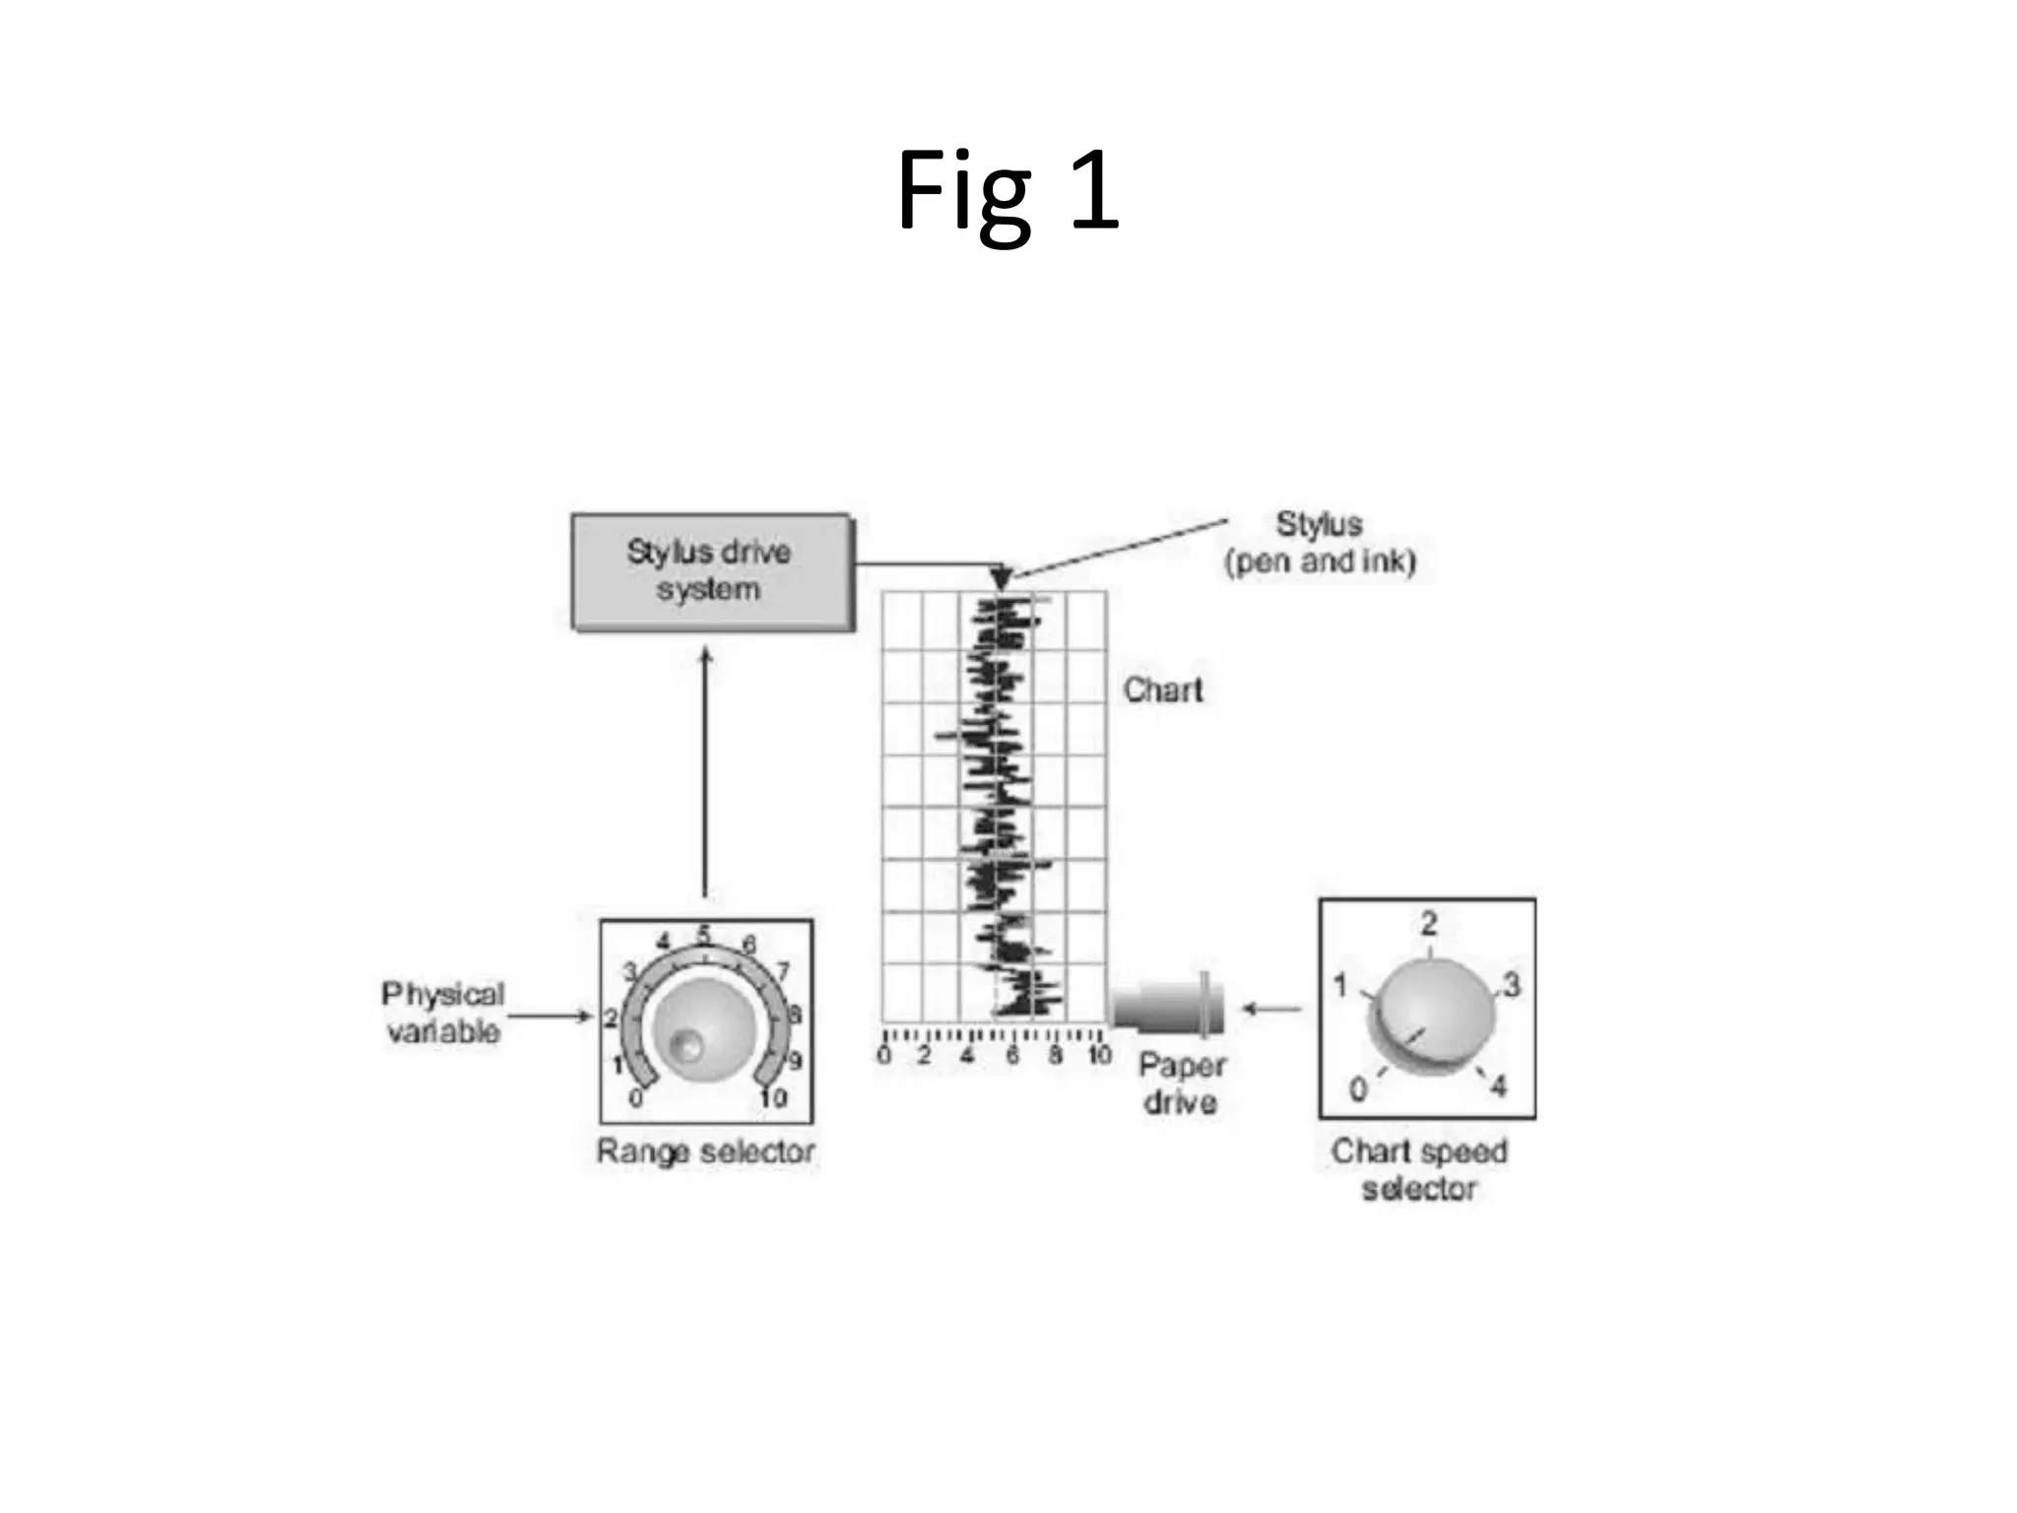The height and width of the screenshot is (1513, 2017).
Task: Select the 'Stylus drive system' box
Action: point(711,571)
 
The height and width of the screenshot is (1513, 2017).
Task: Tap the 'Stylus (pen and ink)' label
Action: point(1319,543)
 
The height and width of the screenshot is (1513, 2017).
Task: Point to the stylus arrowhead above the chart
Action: point(1001,578)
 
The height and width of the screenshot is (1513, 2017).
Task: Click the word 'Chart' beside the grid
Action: point(1163,690)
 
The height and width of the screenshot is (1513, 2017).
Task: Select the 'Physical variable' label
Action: point(442,1013)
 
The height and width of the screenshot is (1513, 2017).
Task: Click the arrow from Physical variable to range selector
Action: point(550,1016)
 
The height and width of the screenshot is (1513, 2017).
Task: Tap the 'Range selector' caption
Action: point(705,1151)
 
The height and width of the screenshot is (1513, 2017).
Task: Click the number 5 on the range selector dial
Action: point(704,933)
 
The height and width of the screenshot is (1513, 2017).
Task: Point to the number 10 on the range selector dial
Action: point(773,1096)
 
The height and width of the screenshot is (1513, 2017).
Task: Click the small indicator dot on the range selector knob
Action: point(685,1045)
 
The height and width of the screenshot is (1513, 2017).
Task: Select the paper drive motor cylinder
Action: point(1167,1006)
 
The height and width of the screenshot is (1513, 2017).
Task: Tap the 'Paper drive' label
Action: point(1181,1083)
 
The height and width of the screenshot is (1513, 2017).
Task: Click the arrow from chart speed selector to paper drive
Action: point(1271,1008)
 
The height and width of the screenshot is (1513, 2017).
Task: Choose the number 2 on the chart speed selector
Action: point(1429,923)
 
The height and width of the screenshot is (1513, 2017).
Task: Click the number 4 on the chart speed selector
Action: point(1498,1086)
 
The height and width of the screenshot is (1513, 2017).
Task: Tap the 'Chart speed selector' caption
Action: point(1419,1169)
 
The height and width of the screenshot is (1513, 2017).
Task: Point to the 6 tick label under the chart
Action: point(1012,1056)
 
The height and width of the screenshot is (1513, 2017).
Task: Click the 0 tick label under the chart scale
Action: point(883,1056)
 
